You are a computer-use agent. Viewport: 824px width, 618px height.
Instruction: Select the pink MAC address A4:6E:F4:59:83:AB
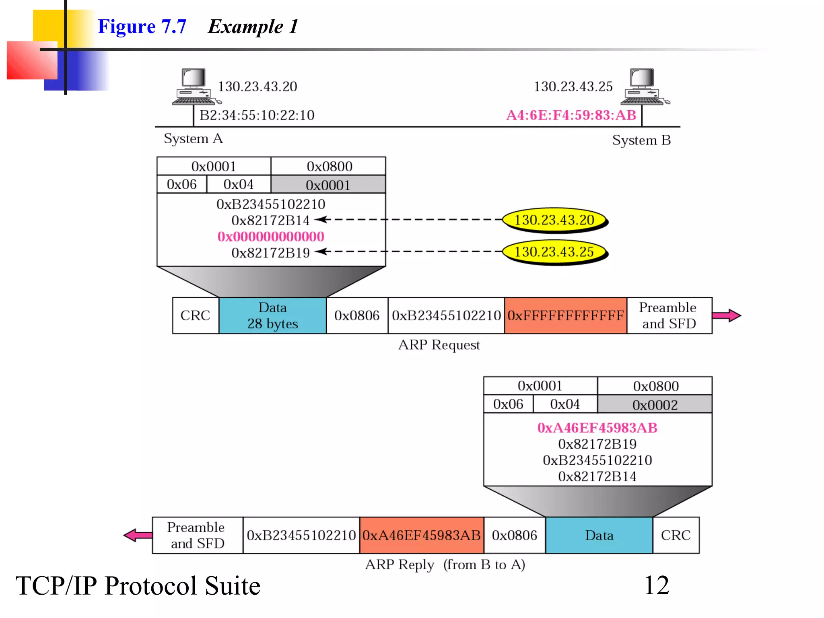tap(571, 115)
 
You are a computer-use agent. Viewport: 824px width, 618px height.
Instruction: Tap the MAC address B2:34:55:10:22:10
tap(257, 115)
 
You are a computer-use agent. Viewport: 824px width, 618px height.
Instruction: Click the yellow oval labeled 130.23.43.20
tap(554, 220)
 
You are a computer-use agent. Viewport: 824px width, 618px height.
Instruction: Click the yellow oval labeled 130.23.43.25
tap(554, 252)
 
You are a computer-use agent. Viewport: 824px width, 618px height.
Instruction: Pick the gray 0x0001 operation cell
tap(328, 185)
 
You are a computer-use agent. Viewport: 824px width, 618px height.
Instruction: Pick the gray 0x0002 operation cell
tap(655, 405)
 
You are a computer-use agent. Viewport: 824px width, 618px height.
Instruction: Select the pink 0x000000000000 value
tap(271, 237)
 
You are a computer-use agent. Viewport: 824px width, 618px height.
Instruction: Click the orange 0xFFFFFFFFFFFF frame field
tap(565, 315)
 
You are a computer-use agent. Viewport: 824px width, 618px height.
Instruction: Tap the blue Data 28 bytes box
tap(272, 315)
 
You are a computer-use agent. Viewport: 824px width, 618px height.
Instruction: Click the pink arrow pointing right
tap(726, 315)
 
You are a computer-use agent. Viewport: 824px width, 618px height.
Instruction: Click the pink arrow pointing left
tap(138, 535)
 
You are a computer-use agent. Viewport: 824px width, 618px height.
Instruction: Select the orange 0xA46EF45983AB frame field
tap(421, 536)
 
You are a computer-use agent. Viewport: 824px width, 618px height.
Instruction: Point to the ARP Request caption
tap(439, 345)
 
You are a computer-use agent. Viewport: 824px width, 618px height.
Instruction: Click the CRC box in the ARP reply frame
tap(676, 536)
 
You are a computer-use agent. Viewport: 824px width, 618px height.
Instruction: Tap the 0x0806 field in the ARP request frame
tap(357, 315)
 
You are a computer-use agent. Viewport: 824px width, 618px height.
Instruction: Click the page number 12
tap(657, 585)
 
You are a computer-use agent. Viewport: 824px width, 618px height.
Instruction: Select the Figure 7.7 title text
tap(142, 27)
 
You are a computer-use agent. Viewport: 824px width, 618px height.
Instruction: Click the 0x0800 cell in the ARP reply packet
tap(655, 386)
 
